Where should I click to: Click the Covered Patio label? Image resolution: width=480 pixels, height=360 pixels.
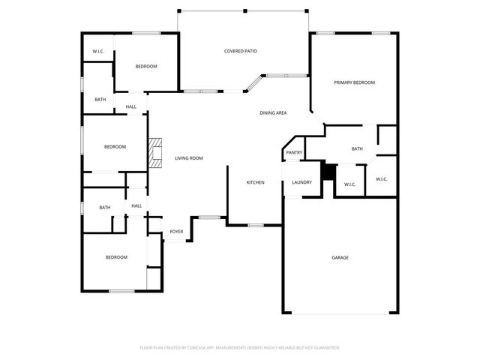point(241,51)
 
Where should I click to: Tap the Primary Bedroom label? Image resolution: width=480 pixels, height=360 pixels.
point(354,82)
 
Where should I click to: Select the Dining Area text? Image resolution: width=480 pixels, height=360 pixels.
point(273,113)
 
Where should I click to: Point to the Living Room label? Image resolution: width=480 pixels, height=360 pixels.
point(189,158)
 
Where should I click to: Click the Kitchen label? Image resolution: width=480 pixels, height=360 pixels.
point(256,182)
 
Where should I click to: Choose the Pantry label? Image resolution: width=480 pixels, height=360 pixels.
point(293,153)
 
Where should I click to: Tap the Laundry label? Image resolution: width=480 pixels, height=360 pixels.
point(301,182)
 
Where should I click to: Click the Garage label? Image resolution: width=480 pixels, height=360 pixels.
point(340,258)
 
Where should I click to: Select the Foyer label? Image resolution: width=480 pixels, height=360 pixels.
point(176,232)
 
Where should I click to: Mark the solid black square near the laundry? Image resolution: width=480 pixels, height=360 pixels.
point(327,171)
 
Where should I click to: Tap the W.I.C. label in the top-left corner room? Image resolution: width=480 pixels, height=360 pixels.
point(98,51)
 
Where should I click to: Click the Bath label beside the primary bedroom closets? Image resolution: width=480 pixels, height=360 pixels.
point(357,148)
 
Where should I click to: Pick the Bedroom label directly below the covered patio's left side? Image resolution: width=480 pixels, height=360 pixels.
point(145,67)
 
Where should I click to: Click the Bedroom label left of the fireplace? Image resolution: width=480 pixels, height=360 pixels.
point(115,147)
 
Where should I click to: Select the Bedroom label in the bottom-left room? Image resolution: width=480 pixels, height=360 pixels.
point(115,258)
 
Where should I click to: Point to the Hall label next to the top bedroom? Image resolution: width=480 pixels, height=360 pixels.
point(130,106)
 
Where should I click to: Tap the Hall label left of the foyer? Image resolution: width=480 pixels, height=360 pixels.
point(136,206)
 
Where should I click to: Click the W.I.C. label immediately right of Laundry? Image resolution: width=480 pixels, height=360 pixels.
point(349,184)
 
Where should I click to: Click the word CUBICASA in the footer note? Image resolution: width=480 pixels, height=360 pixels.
point(204,348)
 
